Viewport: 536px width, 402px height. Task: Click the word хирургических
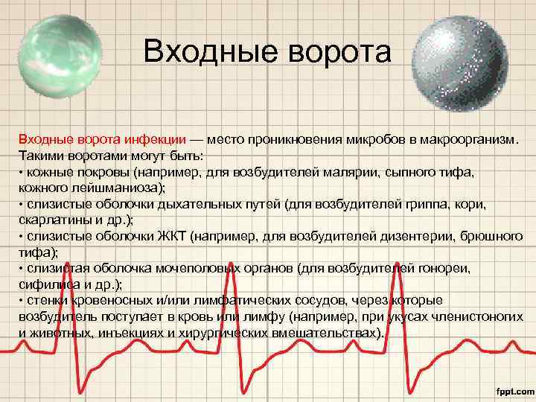click(232, 333)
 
